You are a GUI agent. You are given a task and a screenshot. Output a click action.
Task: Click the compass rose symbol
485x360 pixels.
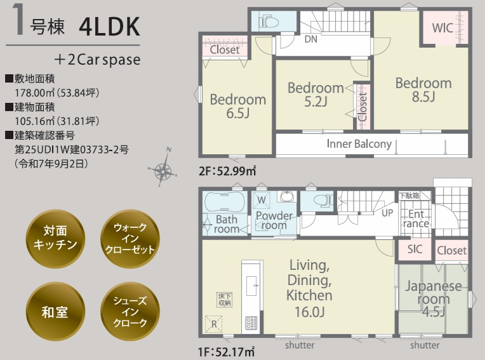tap(163, 168)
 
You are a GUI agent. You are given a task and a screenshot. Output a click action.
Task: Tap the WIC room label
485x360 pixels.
tap(442, 28)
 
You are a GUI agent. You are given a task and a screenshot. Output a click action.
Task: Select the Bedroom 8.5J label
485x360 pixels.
tap(423, 90)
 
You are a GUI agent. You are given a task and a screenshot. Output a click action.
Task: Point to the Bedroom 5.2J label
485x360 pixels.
tap(316, 95)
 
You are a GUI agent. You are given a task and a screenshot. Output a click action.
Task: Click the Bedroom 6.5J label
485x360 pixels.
tap(238, 106)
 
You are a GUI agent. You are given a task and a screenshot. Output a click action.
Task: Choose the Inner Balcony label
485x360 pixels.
tap(359, 144)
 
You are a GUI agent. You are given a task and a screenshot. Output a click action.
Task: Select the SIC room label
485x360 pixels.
tap(415, 249)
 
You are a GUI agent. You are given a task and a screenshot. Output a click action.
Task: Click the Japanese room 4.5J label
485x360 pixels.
tap(434, 298)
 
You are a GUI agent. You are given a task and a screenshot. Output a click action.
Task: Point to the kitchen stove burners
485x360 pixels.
tap(251, 323)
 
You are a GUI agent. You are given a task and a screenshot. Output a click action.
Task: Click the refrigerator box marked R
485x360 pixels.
tap(214, 324)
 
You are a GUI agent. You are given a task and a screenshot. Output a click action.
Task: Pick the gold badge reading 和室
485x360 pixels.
tap(55, 312)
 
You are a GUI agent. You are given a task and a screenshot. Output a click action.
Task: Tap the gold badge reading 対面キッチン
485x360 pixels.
tap(55, 239)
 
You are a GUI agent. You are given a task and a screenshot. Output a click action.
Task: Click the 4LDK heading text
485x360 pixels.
tap(109, 27)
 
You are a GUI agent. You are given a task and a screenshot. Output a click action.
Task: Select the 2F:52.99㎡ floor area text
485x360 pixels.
tap(227, 171)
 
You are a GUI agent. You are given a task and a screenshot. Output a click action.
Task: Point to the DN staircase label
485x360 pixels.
tap(311, 39)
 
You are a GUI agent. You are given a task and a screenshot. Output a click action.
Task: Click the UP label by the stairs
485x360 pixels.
tap(387, 213)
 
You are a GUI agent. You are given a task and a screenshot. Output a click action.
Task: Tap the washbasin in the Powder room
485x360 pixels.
tap(287, 196)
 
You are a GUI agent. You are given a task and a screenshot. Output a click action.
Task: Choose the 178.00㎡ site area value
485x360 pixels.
tap(57, 93)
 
